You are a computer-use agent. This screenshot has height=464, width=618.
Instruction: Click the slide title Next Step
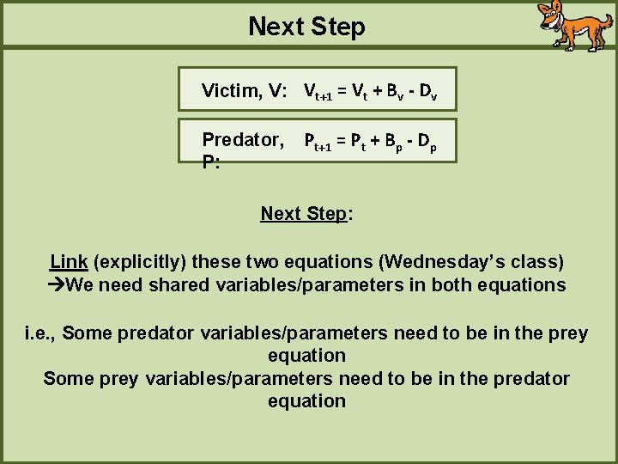pos(306,27)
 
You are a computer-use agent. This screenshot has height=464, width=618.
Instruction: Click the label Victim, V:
pos(244,90)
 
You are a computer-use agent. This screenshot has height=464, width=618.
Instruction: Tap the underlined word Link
pos(69,261)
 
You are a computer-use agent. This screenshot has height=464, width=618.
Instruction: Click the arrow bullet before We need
pos(57,284)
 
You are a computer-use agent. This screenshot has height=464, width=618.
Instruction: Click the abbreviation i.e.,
pos(40,333)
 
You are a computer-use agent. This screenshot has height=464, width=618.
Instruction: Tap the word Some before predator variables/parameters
pos(88,333)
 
